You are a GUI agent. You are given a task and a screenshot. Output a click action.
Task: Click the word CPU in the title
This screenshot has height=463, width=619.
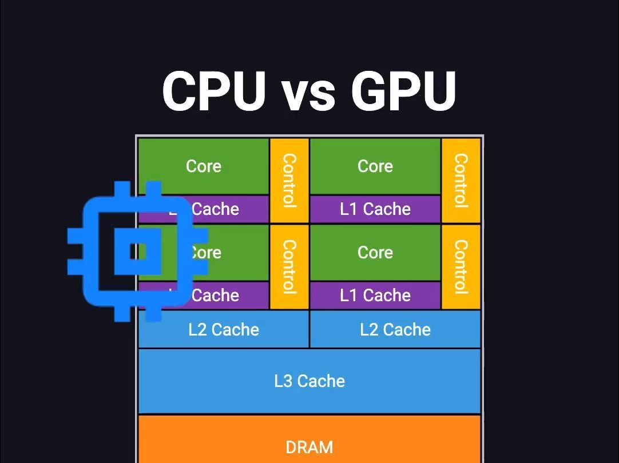[x=215, y=91]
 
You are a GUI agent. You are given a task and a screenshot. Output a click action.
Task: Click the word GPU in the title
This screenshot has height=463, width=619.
[x=403, y=91]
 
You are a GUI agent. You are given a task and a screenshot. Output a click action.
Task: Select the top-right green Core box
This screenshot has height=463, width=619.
[x=375, y=166]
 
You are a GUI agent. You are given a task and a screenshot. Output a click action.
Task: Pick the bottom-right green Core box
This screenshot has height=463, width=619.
[x=375, y=252]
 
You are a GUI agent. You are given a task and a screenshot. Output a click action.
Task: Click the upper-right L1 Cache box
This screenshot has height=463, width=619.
[x=375, y=209]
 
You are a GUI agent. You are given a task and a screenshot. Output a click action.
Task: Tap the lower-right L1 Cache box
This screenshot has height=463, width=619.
[x=375, y=296]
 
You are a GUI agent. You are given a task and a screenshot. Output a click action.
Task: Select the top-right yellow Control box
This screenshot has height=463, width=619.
[x=461, y=180]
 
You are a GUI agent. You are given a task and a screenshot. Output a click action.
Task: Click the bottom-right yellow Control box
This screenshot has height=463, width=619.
[x=461, y=266]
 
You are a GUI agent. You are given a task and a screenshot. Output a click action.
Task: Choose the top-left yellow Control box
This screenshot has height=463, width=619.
[x=289, y=180]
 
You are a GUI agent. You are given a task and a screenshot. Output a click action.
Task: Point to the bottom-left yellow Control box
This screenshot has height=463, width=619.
[x=289, y=266]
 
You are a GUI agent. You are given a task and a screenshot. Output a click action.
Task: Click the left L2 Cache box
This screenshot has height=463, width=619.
[x=224, y=329]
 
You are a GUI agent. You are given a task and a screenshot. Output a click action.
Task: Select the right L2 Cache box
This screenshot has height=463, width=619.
[x=395, y=329]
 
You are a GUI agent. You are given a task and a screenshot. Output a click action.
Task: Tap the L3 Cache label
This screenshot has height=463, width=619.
[x=309, y=381]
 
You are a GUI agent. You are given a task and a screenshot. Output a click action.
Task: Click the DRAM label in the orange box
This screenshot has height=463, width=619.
[x=309, y=447]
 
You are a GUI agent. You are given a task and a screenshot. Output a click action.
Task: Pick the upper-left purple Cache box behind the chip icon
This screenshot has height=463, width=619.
[x=229, y=209]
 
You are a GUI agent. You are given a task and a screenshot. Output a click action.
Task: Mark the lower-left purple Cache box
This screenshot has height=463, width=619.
[x=229, y=296]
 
